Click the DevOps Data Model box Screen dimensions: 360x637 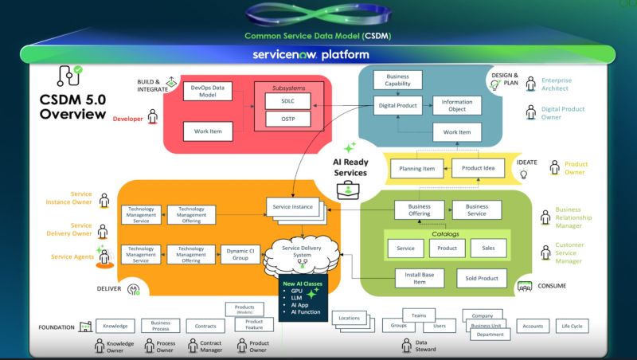pos(207,91)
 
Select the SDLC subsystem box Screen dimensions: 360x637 pos(288,101)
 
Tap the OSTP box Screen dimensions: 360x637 pos(288,119)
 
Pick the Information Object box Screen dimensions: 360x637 pos(457,105)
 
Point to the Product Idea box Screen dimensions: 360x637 pos(478,167)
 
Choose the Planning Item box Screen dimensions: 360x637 pos(416,169)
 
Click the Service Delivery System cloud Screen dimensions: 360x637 pos(301,252)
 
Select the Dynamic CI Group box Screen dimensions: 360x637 pos(240,255)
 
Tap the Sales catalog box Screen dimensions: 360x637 pos(488,248)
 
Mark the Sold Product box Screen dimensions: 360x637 pos(481,278)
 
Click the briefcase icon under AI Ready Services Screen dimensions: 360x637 pos(348,190)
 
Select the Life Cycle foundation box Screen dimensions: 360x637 pos(572,326)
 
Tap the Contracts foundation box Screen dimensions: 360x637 pos(205,327)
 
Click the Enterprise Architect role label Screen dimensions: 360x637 pos(557,84)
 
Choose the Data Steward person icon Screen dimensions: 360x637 pos(406,344)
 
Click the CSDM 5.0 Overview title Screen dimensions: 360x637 pos(72,107)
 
